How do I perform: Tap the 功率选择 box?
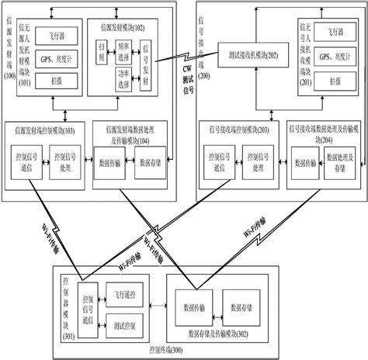(x=127, y=81)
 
